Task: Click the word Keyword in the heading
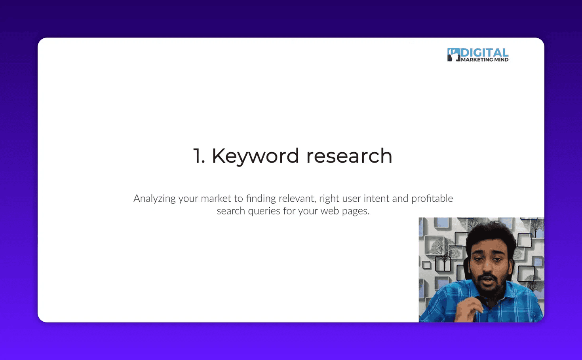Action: pos(255,156)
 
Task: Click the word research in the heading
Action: pos(349,156)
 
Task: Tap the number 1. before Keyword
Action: pos(199,156)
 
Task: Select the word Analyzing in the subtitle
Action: pos(154,199)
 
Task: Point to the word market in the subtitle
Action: pos(216,198)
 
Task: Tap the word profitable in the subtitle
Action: pos(432,198)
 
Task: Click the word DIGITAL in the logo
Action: pos(485,53)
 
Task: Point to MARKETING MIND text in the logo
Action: pos(485,60)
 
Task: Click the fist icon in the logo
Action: pos(453,55)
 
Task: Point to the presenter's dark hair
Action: pos(491,233)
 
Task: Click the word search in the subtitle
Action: pos(231,211)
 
